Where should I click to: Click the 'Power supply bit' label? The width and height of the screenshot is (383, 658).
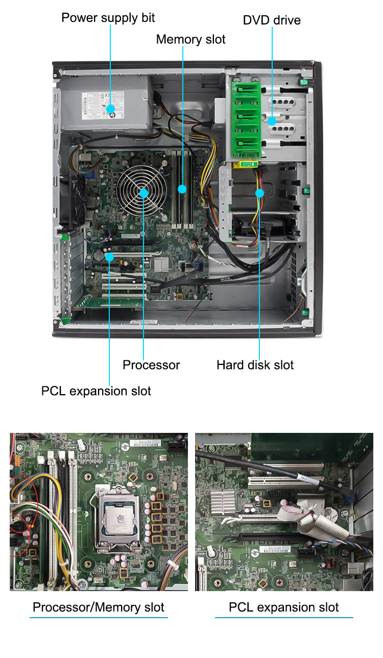coord(108,18)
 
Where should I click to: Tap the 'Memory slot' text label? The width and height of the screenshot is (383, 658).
coord(190,39)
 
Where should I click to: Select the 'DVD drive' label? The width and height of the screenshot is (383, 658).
coord(271,20)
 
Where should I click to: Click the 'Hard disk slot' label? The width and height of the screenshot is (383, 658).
coord(255,365)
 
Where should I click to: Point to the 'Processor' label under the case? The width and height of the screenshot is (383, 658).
coord(151,365)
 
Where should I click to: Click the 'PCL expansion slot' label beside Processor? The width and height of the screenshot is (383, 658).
coord(96,391)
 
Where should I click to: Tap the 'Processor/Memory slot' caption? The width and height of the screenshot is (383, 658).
coord(99,607)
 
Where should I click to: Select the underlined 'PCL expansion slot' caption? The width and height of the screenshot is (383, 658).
coord(283,607)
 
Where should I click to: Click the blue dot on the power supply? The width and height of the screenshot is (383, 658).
coord(110,109)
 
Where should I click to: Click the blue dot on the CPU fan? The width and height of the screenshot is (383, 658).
coord(143,193)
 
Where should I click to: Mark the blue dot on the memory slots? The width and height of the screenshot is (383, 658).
coord(182,189)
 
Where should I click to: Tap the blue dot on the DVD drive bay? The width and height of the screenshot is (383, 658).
coord(272,121)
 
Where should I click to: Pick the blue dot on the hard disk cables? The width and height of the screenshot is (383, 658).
coord(259,193)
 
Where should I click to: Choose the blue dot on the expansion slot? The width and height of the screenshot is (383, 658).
coord(110,256)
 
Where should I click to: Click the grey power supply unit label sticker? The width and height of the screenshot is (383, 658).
coord(102,105)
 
